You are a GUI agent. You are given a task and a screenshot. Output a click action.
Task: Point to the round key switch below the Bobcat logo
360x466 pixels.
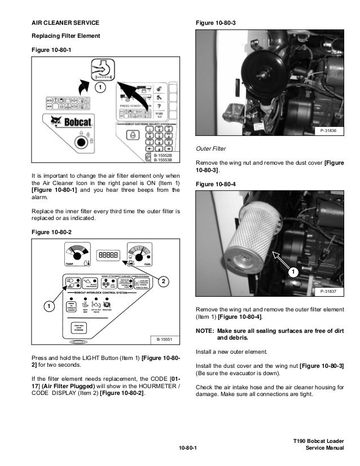(x=81, y=142)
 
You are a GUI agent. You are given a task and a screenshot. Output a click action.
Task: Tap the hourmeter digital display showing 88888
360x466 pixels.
(x=108, y=254)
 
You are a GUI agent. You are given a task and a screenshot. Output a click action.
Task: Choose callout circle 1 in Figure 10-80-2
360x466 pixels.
(x=49, y=306)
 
